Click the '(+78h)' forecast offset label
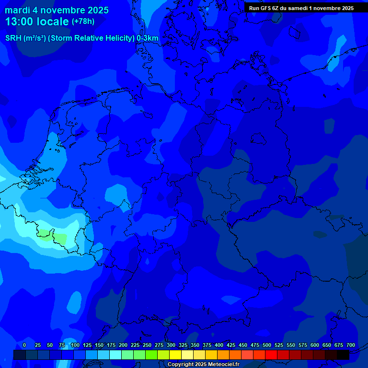click(83, 22)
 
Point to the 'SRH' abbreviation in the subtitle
click(13, 38)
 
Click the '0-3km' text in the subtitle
click(148, 38)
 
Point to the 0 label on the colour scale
click(24, 345)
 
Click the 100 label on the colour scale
click(75, 345)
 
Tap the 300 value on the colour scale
click(171, 345)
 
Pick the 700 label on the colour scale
click(350, 345)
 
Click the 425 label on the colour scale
click(231, 345)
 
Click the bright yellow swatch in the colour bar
click(175, 355)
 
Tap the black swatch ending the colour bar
click(343, 355)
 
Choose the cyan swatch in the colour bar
click(115, 355)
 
